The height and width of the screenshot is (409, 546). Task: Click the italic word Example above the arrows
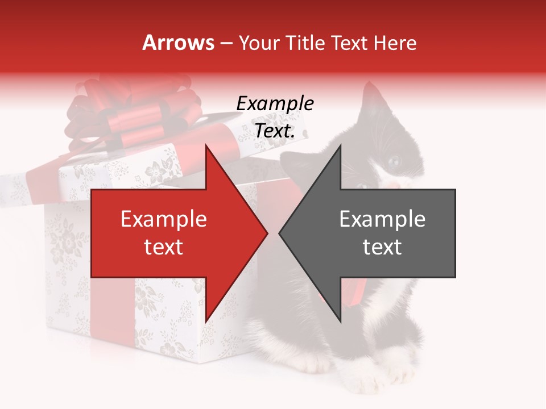click(275, 104)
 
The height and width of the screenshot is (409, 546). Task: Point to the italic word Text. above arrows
click(275, 131)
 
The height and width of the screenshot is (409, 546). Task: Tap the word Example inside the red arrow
click(164, 220)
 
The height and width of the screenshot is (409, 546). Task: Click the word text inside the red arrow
click(164, 247)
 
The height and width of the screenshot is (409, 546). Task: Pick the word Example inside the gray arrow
click(382, 220)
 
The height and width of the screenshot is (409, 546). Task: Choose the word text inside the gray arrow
click(382, 247)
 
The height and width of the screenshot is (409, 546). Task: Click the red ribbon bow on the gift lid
click(134, 114)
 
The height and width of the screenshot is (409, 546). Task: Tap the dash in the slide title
click(226, 43)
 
